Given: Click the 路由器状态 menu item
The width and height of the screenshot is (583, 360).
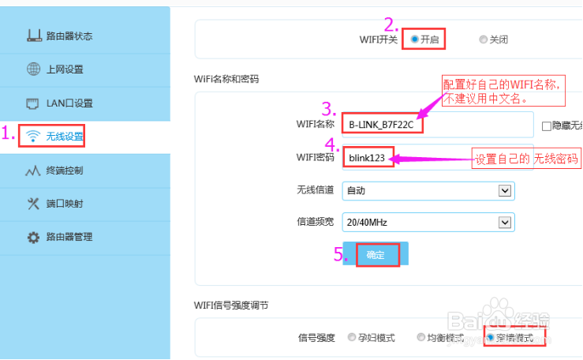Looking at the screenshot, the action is (x=69, y=36).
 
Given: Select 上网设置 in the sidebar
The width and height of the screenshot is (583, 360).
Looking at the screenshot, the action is (x=65, y=69).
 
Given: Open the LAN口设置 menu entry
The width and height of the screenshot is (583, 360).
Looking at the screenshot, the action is (x=69, y=103).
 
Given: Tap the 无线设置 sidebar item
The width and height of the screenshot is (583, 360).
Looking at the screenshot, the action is (x=64, y=137).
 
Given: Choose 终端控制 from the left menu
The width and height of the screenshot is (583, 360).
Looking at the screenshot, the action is (x=64, y=171).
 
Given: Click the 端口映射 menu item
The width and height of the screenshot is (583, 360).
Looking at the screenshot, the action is (x=64, y=204).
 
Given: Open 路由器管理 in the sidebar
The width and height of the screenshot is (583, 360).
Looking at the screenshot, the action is (x=69, y=237).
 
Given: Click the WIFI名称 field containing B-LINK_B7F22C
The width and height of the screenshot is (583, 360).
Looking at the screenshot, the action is (x=438, y=125).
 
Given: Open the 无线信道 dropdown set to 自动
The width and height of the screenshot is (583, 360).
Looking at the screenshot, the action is (x=428, y=190).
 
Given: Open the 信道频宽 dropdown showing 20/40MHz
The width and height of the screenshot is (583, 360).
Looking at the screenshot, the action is (x=428, y=223).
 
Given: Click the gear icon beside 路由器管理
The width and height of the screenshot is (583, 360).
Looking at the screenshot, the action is (x=33, y=237).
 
